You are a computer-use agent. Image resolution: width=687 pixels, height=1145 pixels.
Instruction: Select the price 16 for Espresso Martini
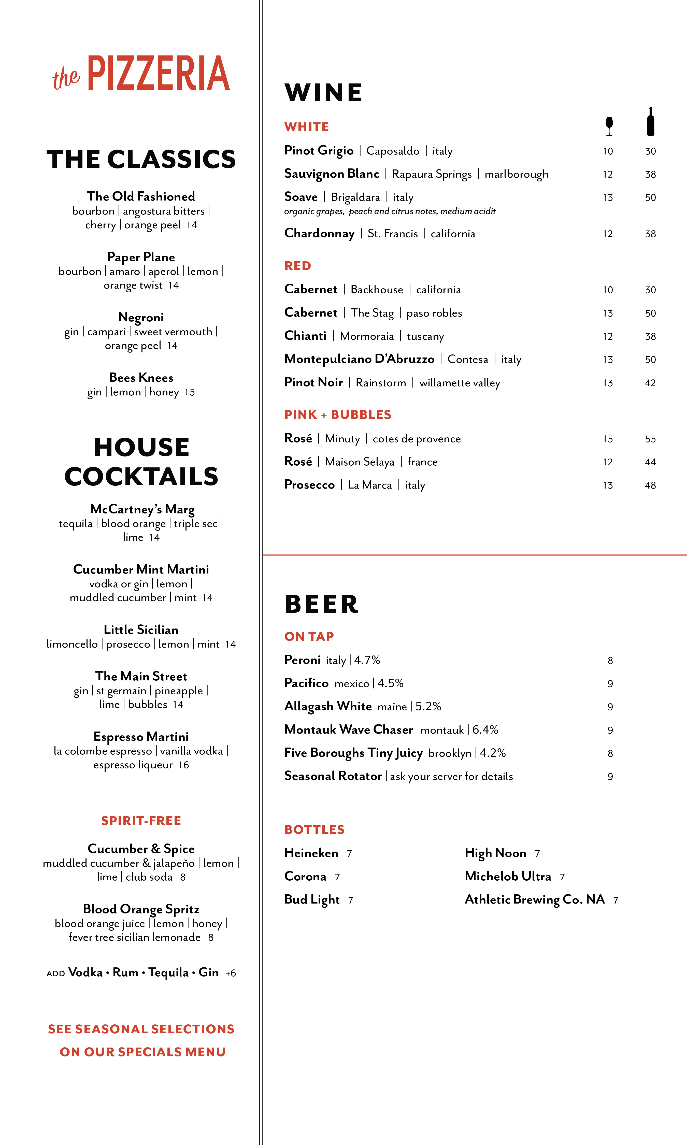coord(184,765)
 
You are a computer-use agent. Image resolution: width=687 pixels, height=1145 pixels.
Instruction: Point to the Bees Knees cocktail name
coord(141,378)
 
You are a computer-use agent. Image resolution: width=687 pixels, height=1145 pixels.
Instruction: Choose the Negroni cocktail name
coord(141,318)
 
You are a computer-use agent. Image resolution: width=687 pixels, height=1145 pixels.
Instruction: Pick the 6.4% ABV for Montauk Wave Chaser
coord(485,730)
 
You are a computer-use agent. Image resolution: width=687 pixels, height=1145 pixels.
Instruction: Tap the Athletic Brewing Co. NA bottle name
coord(535,900)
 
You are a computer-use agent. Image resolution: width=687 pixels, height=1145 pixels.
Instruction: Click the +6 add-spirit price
coord(231,973)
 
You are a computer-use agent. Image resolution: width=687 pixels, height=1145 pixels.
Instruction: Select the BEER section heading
coord(322,605)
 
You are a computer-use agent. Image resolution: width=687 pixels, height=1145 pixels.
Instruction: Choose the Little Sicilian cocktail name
coord(141,630)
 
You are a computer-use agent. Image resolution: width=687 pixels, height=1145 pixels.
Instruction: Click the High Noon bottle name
coord(495,853)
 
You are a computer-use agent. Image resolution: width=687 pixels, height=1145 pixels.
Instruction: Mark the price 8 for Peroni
coord(610,661)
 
